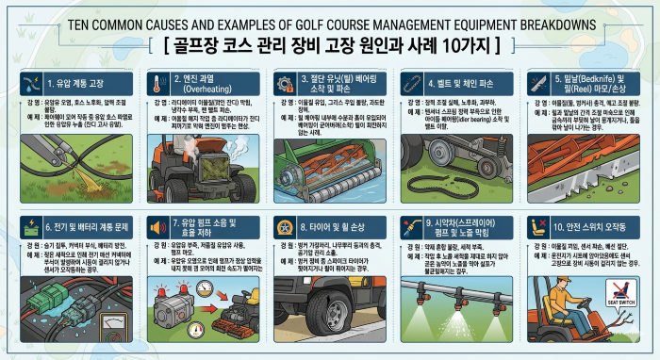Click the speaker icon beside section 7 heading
click(x=155, y=227)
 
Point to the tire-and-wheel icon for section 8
click(x=283, y=227)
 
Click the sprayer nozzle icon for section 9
click(x=413, y=227)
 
